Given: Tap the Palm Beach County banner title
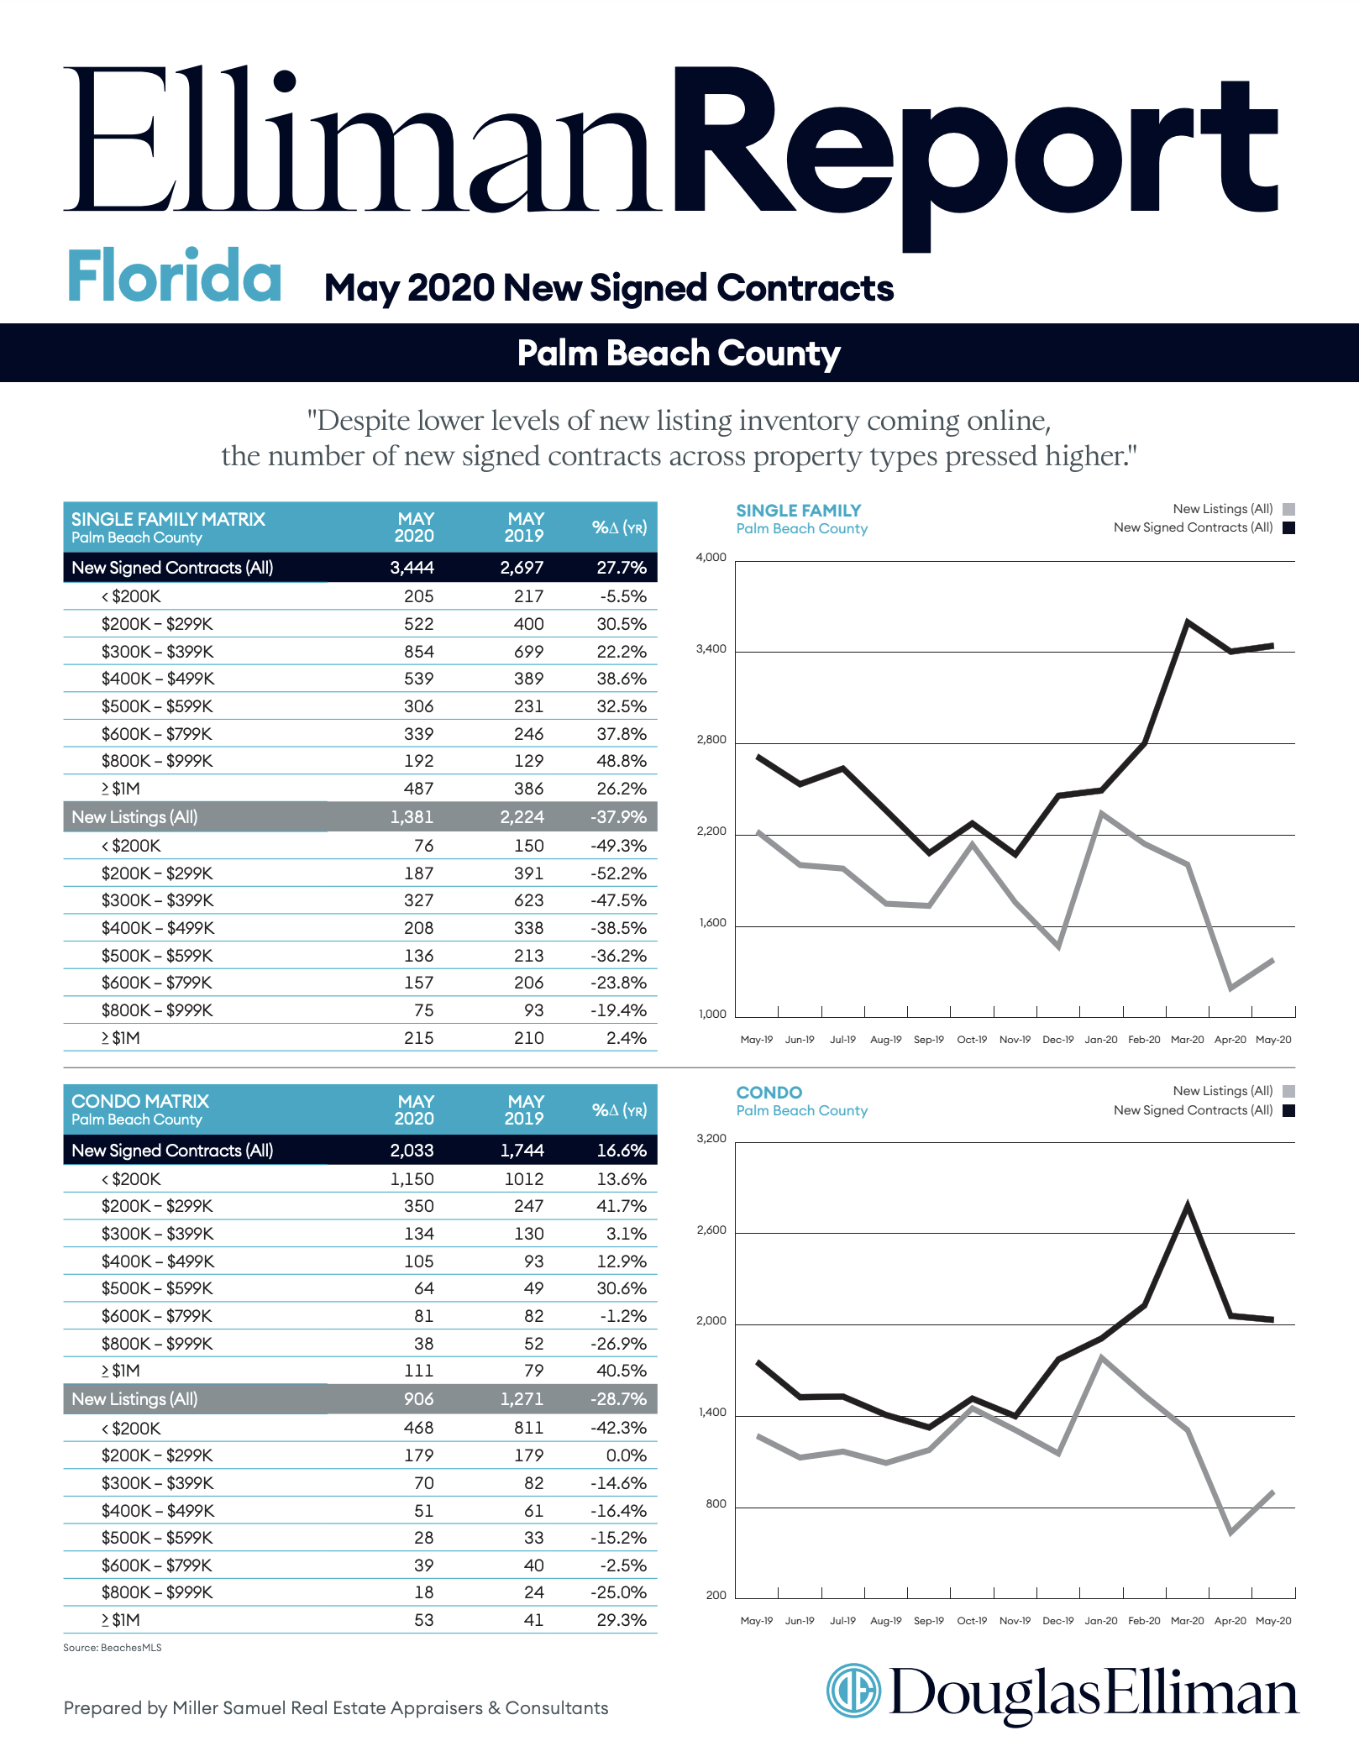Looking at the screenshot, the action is [679, 354].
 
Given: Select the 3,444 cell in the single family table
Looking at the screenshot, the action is [412, 568].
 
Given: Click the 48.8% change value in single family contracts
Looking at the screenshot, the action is [622, 761].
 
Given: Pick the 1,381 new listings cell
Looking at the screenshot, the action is [412, 817].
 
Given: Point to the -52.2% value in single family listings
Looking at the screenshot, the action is [618, 873].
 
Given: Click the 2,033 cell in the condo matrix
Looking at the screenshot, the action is [412, 1151].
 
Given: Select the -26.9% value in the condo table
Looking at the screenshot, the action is [618, 1344].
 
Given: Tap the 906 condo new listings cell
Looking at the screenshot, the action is [418, 1399].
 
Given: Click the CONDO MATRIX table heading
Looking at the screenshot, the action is [140, 1101].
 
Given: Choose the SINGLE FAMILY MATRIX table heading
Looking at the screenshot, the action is [168, 519].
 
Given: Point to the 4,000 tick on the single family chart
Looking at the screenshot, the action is [711, 557].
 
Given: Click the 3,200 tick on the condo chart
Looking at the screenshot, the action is [711, 1138].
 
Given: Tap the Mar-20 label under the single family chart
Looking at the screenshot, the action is [1187, 1040].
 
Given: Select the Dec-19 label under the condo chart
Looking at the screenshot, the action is [1058, 1621].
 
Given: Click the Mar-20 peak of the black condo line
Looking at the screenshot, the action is [1188, 1205].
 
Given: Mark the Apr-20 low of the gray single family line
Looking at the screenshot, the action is [1230, 988].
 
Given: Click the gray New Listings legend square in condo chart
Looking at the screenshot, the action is [1289, 1092].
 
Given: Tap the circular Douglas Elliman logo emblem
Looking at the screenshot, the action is [853, 1691].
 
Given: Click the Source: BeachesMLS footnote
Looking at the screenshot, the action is [113, 1648].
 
